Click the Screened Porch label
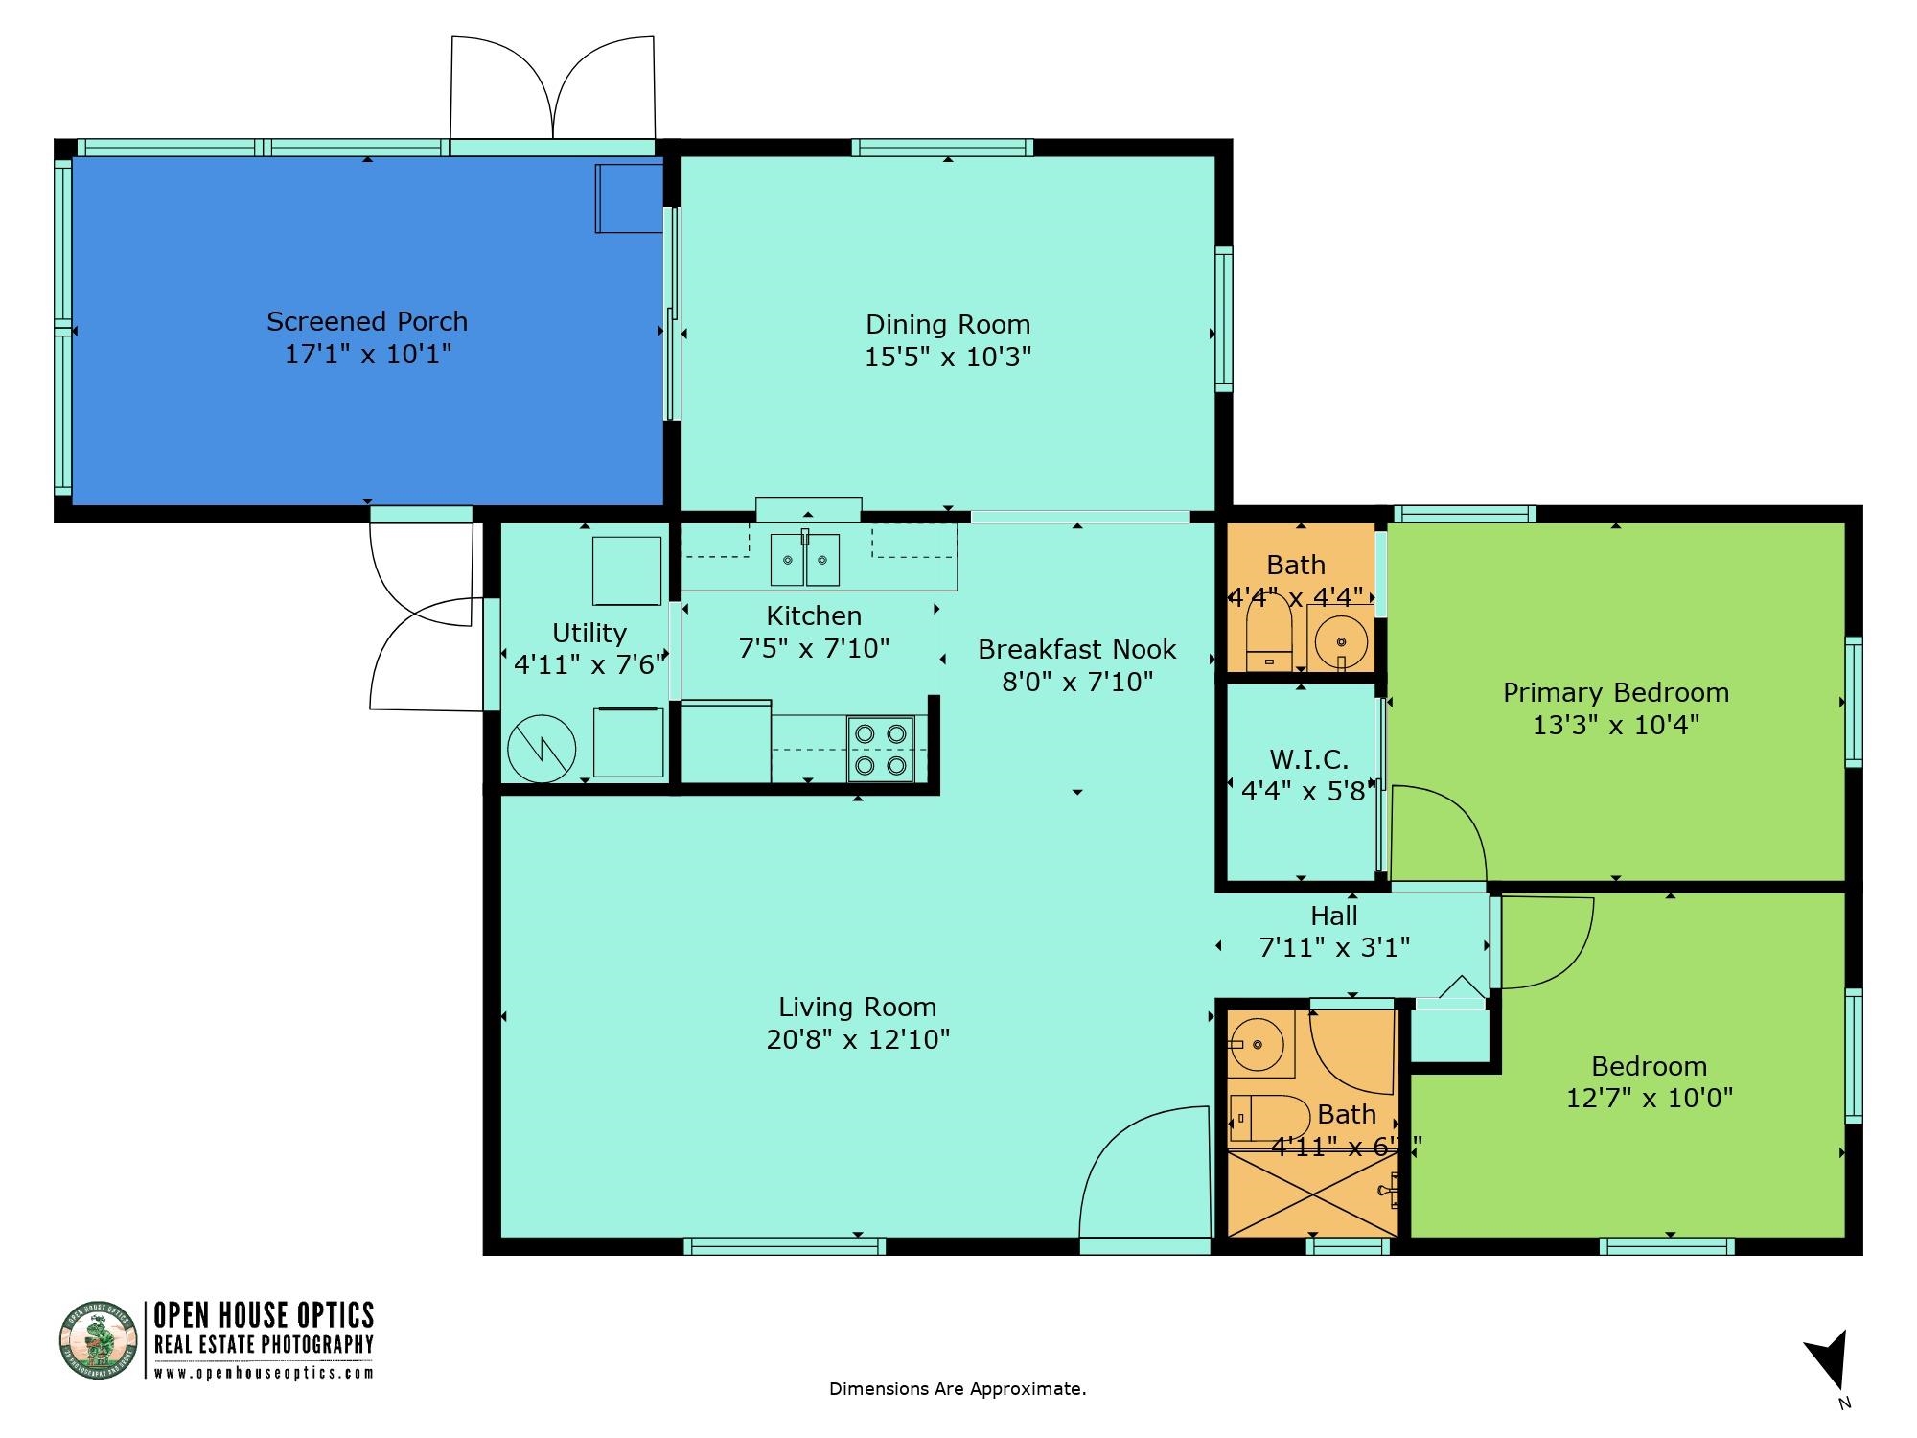coord(367,321)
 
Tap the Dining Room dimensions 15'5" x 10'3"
coord(947,358)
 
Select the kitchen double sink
coord(805,560)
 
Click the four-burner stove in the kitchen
coord(880,750)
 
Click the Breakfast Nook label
coord(1076,650)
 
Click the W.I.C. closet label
coord(1308,760)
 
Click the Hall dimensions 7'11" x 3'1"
coord(1334,948)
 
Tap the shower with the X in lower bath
coord(1311,1194)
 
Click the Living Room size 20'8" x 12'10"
coord(858,1040)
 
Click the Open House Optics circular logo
coord(95,1340)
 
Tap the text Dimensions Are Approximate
coord(957,1389)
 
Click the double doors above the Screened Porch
coord(553,91)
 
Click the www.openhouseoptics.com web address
coord(264,1373)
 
